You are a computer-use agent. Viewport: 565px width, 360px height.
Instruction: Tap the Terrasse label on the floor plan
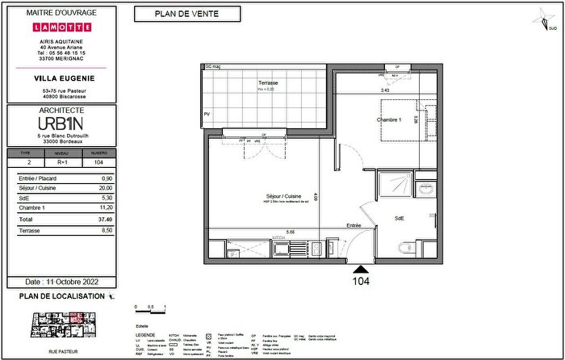pyautogui.click(x=269, y=83)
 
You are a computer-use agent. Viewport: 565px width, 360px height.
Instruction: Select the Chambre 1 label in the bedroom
pyautogui.click(x=388, y=119)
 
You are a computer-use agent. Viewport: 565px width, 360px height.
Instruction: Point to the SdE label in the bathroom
pyautogui.click(x=399, y=218)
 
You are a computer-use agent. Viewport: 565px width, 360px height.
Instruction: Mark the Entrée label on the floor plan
pyautogui.click(x=354, y=225)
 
